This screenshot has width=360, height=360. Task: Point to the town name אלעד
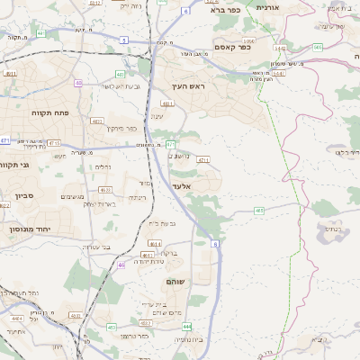click(182, 184)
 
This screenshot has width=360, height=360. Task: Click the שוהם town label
click(176, 283)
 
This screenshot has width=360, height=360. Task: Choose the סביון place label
click(23, 194)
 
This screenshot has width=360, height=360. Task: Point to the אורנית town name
click(268, 7)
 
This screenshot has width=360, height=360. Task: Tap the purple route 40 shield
click(78, 83)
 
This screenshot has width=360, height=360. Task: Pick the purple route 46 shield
click(121, 265)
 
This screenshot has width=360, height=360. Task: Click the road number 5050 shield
click(248, 40)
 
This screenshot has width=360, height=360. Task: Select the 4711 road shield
click(202, 160)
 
